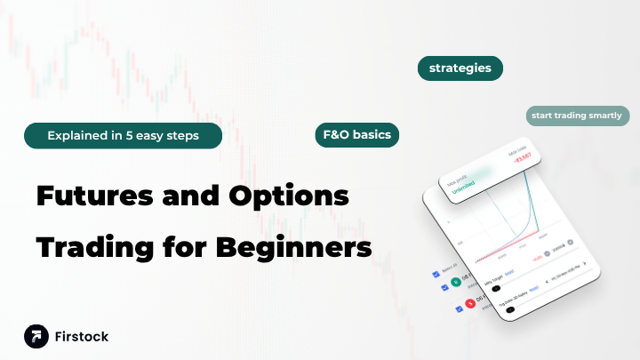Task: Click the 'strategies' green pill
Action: (x=460, y=68)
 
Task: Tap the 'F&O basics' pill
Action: (x=356, y=135)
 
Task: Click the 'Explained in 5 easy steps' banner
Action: (x=123, y=135)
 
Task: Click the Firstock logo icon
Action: (x=36, y=337)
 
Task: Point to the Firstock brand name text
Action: (x=82, y=337)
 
